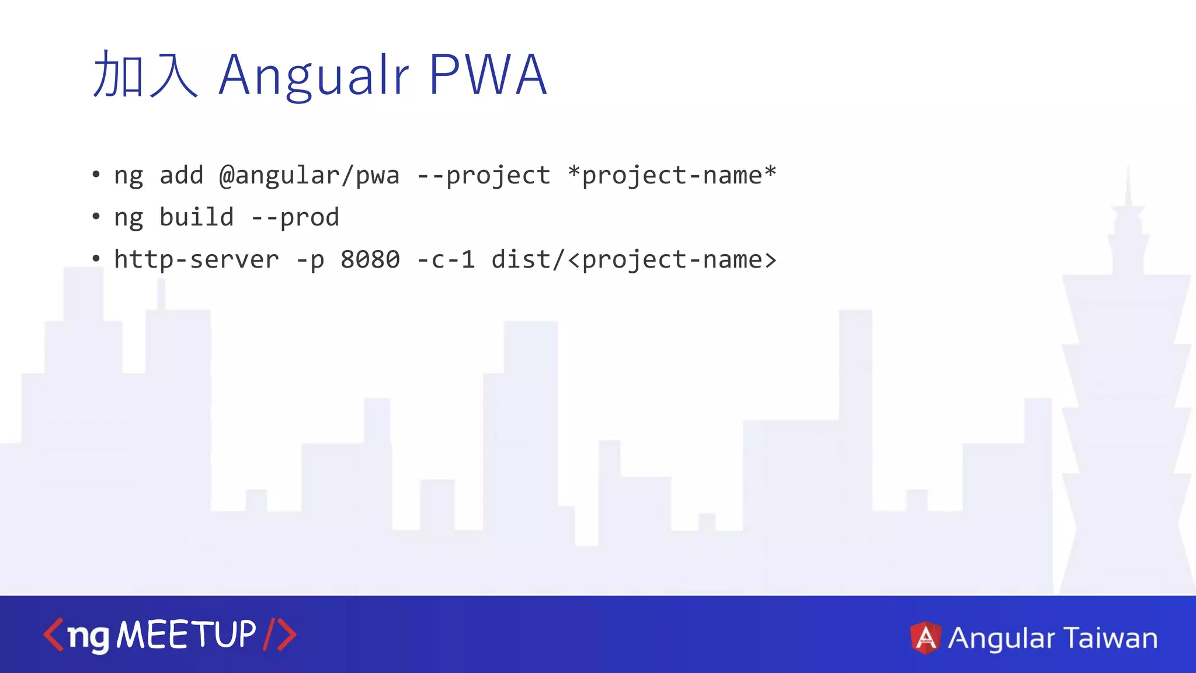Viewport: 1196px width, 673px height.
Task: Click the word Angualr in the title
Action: pos(314,75)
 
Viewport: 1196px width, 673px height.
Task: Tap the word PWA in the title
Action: pos(488,74)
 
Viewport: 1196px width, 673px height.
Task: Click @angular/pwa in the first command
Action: pos(310,176)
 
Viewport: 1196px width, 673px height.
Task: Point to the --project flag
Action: pos(484,176)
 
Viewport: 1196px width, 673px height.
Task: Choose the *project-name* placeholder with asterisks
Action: pos(672,175)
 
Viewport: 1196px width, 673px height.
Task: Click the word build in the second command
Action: pos(196,217)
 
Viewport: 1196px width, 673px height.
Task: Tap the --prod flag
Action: pos(295,218)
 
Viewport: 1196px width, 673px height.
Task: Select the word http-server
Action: pos(196,259)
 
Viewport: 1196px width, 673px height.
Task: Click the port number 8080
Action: pos(370,259)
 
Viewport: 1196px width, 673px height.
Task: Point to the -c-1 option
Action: pos(446,259)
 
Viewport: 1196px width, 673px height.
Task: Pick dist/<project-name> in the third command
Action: pos(634,259)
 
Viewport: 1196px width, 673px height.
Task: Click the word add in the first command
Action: pos(181,176)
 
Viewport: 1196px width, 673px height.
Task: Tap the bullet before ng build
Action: pos(96,217)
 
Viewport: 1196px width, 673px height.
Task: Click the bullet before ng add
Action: pos(96,175)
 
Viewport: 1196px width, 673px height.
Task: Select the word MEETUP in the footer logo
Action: pos(186,634)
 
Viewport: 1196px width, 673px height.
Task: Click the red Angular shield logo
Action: pos(926,637)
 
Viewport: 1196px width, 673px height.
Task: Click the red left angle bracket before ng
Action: pos(53,635)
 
